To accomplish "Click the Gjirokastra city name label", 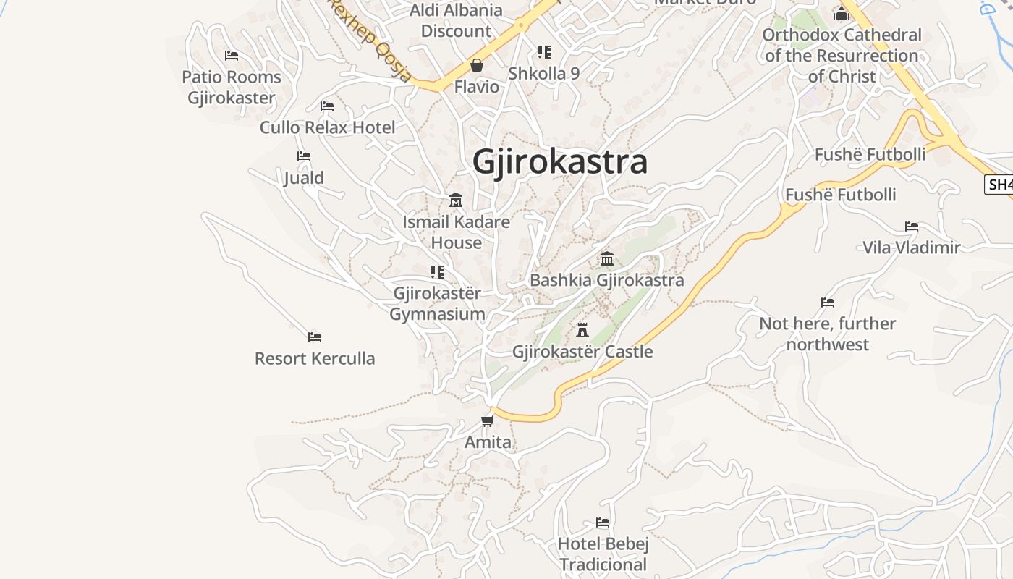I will point(559,162).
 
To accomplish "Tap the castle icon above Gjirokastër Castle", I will point(582,330).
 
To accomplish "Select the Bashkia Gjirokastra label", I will point(606,280).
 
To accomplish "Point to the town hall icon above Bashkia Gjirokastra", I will point(607,259).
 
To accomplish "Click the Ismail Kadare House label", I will point(456,232).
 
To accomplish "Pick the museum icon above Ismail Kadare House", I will point(456,200).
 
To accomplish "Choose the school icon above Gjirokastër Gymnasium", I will point(437,272).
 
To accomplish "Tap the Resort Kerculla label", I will point(315,358).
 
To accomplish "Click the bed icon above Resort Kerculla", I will point(315,337).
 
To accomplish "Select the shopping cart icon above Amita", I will point(488,420).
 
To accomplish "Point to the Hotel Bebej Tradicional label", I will point(603,554).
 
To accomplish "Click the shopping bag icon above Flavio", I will point(477,66).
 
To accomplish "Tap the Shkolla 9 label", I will point(543,73).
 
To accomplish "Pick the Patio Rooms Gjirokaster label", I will point(232,87).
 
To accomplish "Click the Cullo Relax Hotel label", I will point(327,127).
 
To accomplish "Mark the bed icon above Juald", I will point(304,156).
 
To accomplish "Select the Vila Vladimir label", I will point(911,248).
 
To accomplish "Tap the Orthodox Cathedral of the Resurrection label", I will point(842,55).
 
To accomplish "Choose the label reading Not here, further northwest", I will point(827,334).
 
